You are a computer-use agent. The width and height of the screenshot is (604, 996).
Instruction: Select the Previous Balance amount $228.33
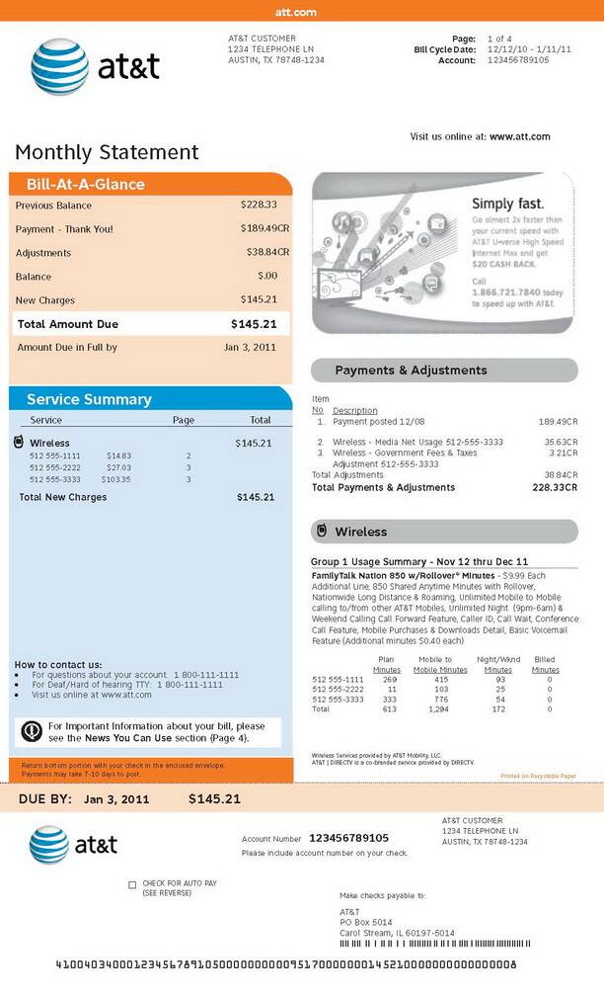coord(259,206)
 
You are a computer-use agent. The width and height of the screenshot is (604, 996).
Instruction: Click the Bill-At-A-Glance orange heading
coord(86,185)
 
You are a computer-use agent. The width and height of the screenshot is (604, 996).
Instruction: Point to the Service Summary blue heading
coord(89,399)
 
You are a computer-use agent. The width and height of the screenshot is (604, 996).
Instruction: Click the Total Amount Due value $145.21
coord(254,324)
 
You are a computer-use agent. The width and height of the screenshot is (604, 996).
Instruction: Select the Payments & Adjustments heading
coord(411,371)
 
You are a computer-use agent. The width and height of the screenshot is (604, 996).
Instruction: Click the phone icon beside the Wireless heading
coord(321,532)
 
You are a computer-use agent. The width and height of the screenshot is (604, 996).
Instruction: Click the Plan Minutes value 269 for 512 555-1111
coord(389,680)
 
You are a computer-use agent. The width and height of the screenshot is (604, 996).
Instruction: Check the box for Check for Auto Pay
coord(132,884)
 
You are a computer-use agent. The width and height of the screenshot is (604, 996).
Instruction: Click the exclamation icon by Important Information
coord(31,731)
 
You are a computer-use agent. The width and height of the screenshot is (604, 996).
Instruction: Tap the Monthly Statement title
coord(107,152)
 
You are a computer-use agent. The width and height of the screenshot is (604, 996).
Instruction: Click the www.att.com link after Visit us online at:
coord(519,137)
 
